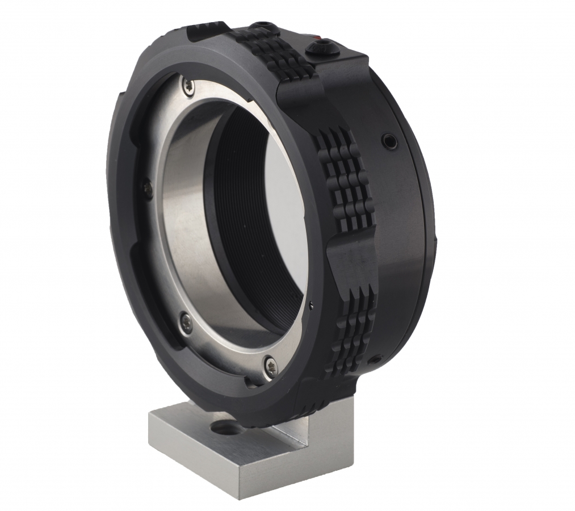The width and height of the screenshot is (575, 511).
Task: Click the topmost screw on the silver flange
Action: point(187,86)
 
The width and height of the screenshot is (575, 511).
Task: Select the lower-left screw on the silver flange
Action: point(186,322)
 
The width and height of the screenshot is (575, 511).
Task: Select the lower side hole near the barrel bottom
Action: point(375,360)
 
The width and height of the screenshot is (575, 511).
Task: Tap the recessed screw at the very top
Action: point(262,26)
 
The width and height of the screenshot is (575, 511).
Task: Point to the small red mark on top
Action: point(322,41)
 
